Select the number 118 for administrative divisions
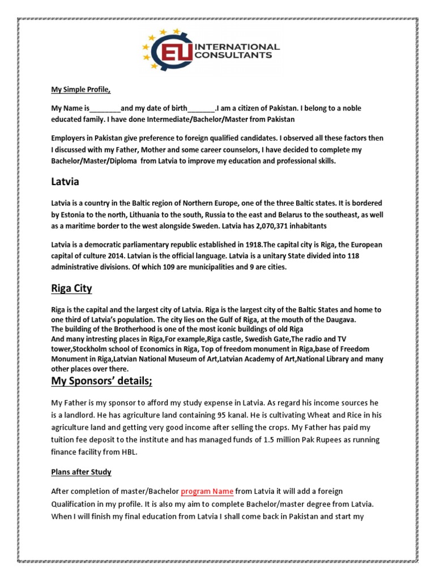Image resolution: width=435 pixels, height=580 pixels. click(351, 256)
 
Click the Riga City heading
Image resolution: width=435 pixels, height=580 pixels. click(71, 289)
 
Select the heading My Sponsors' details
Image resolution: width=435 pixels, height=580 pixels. click(102, 381)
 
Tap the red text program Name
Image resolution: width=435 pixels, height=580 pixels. click(207, 491)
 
